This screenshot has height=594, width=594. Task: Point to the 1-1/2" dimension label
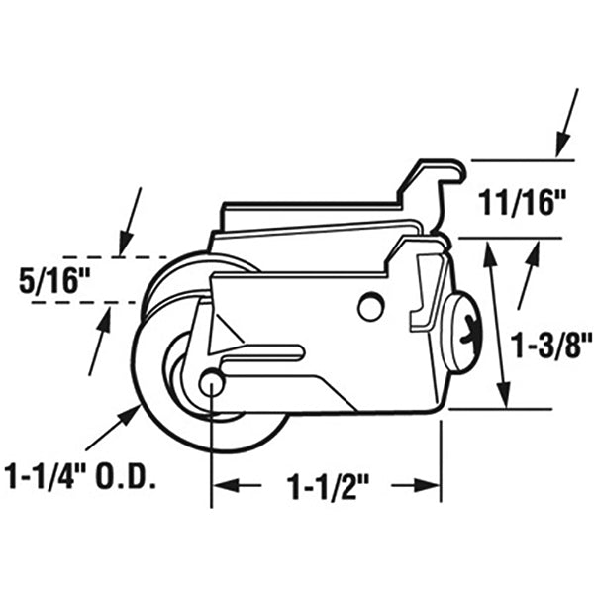[327, 486]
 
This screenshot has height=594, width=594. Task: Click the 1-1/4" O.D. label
[85, 481]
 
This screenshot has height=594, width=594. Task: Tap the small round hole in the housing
[370, 308]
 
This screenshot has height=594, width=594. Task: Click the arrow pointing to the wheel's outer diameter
[111, 432]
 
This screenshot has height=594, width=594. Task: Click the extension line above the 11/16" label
[520, 159]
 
